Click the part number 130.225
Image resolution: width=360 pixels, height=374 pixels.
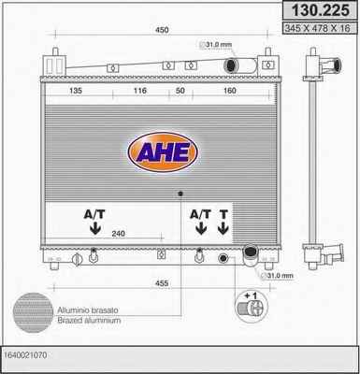click(x=320, y=10)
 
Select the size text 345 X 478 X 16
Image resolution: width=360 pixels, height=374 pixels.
click(x=318, y=28)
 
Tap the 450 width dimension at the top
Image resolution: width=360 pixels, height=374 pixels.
click(x=162, y=30)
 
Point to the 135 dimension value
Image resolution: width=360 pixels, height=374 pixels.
click(x=76, y=91)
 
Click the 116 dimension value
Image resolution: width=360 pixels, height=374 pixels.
click(x=140, y=91)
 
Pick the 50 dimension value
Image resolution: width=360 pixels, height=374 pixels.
click(x=180, y=91)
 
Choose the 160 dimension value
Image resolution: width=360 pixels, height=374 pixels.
click(x=230, y=91)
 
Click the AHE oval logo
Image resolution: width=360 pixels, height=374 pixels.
click(x=163, y=151)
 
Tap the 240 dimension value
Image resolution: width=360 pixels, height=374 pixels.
click(x=119, y=233)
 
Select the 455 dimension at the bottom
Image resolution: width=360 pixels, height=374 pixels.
click(x=162, y=283)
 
